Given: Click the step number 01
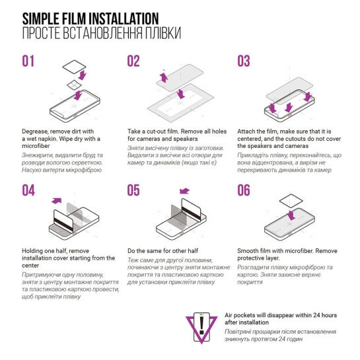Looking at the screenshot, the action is pos(28,61).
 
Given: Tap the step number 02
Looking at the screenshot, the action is pos(133,61).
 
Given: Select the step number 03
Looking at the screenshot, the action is pos(244,61).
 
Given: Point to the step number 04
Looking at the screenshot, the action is pos(28,190).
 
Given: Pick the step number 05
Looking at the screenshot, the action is pos(133,190).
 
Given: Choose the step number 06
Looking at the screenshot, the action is pos(244,190).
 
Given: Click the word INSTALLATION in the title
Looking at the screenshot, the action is pos(124,18).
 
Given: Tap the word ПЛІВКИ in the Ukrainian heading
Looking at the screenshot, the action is pos(162,33).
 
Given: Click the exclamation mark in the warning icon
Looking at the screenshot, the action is pos(201,325).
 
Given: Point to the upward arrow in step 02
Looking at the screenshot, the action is pos(164,77).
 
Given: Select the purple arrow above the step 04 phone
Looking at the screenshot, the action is pos(57,201).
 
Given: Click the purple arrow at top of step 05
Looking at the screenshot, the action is pos(184,191).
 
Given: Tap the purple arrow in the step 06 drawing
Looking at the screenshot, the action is pos(291,215).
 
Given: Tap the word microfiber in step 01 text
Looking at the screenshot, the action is pos(36,146).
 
